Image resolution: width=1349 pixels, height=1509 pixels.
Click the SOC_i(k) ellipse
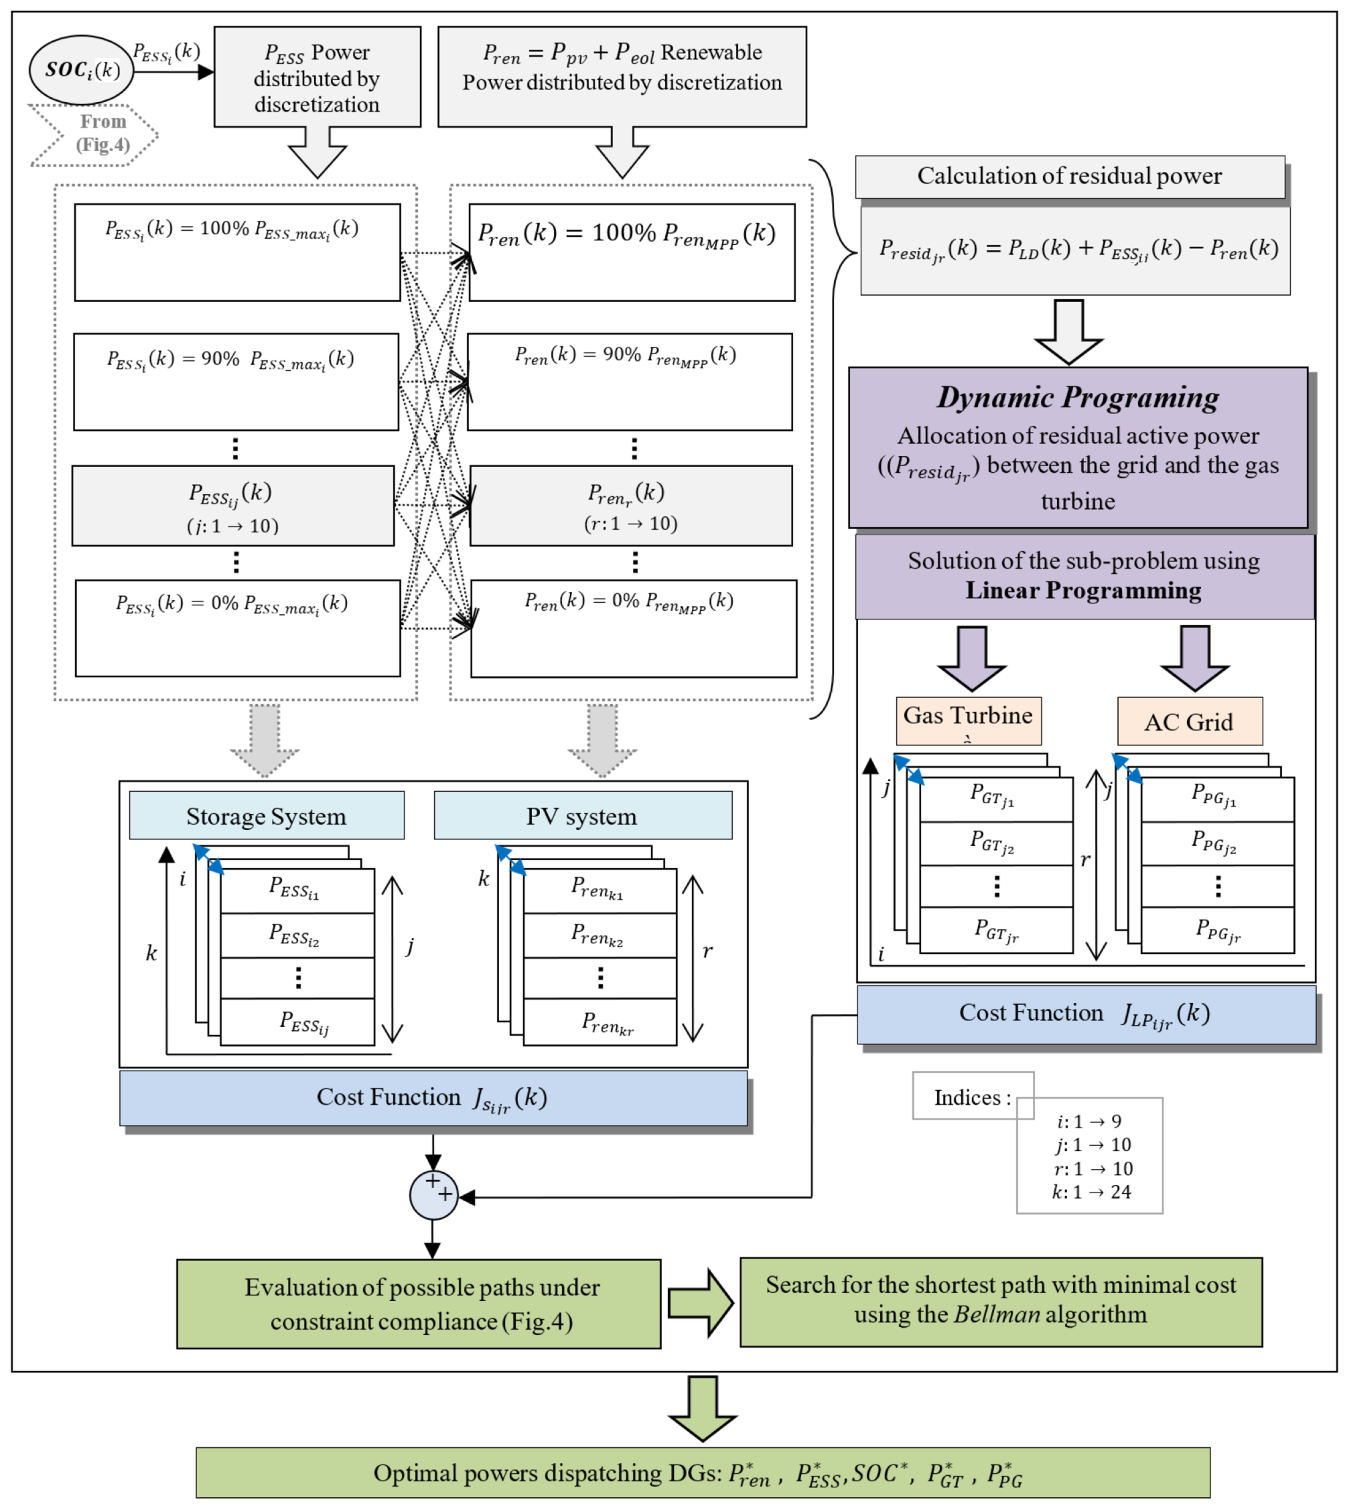pos(81,70)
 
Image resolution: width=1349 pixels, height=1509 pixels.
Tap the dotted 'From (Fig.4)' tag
pos(94,134)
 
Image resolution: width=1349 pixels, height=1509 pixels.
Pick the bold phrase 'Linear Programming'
pos(1083,591)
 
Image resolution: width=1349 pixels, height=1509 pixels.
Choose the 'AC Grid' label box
pos(1189,721)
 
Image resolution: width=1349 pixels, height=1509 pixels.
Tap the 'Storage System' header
pos(266,816)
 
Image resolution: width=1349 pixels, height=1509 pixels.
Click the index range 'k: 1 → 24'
pos(1091,1192)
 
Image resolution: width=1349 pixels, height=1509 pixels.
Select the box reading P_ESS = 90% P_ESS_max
pos(236,382)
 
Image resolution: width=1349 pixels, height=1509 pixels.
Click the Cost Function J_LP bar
pos(1086,1014)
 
